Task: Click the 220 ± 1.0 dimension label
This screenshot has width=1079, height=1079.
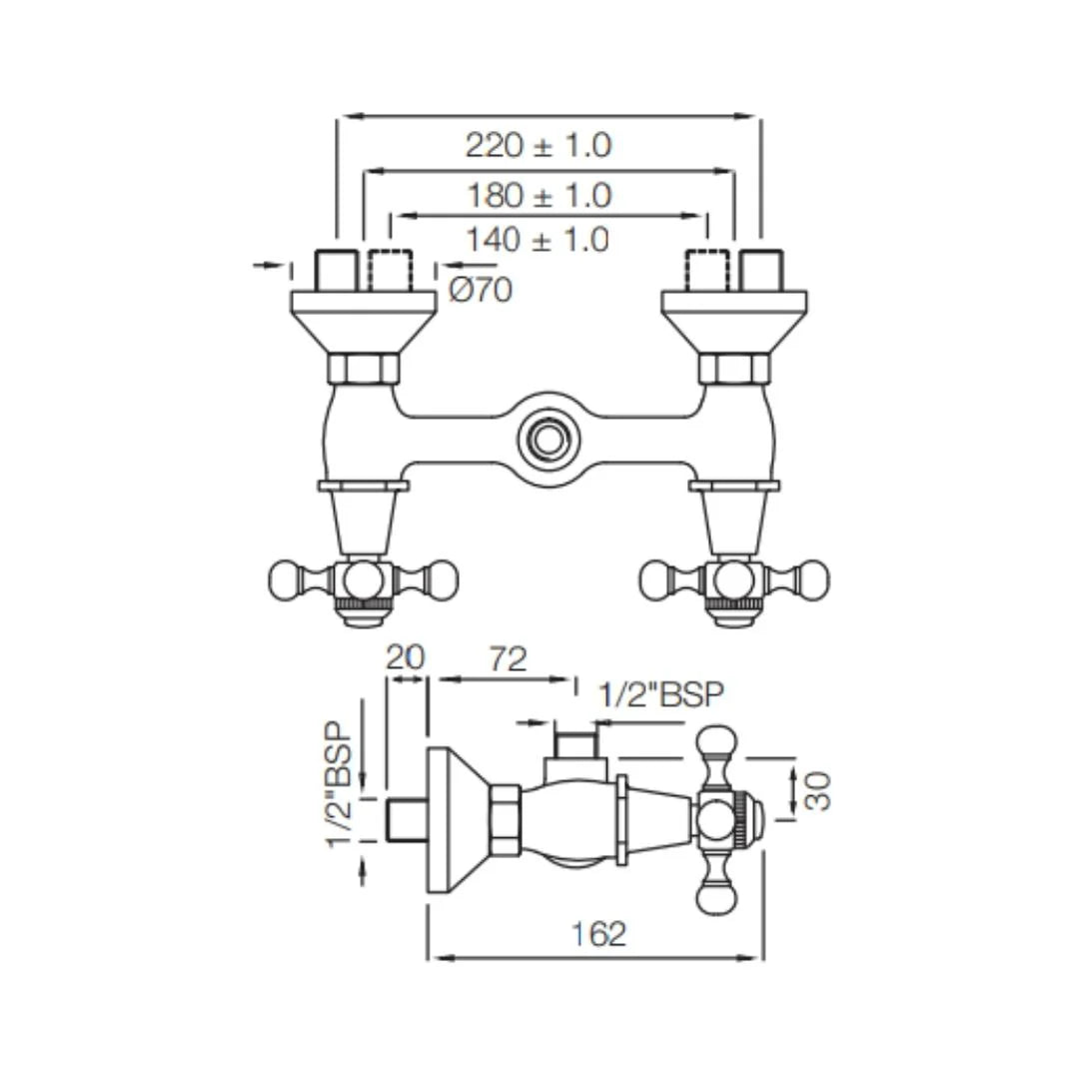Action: pos(538,146)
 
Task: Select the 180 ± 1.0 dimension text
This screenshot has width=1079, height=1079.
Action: pos(538,196)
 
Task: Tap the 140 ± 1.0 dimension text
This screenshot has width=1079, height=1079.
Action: pos(537,240)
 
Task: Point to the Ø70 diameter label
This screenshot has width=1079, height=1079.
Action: pos(481,291)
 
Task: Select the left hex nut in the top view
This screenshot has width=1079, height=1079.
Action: pos(364,369)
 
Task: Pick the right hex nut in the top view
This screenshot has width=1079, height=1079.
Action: pos(734,369)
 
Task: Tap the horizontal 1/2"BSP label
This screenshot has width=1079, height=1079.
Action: pos(659,693)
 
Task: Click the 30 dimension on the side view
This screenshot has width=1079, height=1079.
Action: pos(817,789)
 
